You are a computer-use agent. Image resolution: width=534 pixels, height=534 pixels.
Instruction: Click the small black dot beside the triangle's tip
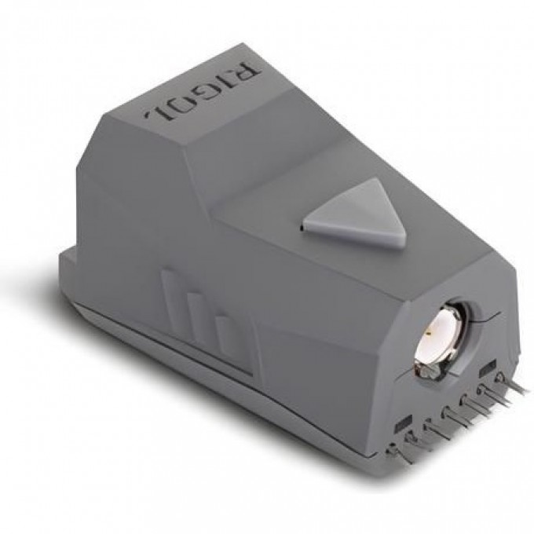click(300, 229)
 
